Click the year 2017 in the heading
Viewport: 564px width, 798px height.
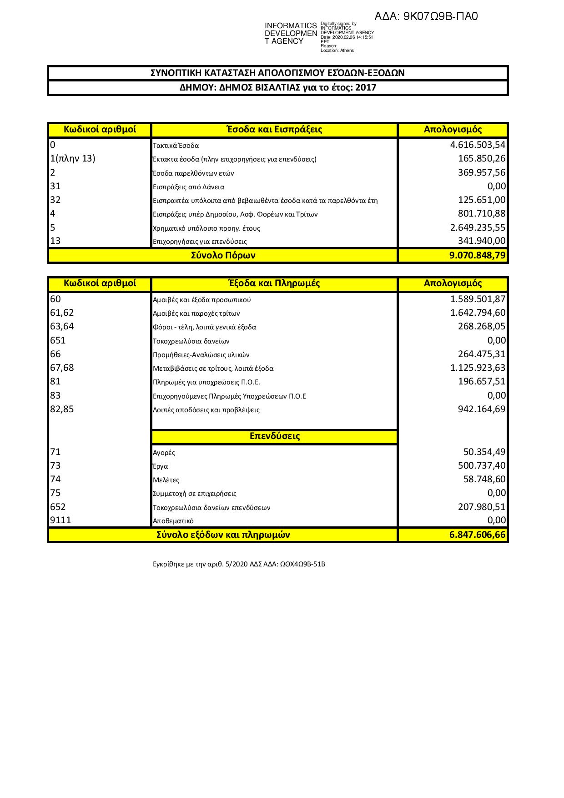click(366, 88)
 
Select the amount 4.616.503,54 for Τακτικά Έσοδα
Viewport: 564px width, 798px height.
click(478, 145)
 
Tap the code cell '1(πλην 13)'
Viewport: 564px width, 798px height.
click(73, 159)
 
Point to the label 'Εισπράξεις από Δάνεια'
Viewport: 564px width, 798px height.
click(188, 187)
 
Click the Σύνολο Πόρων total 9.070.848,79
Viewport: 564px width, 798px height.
click(477, 255)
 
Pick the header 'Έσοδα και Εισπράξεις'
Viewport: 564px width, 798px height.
click(274, 129)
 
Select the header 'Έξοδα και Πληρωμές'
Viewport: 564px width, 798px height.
click(274, 283)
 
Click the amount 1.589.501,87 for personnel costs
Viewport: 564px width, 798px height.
click(478, 299)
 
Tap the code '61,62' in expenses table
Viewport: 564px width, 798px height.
click(62, 313)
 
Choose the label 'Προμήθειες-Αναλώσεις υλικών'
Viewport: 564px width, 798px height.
click(201, 355)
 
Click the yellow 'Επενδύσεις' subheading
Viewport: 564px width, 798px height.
click(275, 436)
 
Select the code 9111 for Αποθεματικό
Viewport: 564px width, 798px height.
click(60, 520)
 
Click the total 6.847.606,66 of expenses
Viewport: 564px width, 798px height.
click(477, 535)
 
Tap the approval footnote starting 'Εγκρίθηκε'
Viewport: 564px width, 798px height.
click(239, 565)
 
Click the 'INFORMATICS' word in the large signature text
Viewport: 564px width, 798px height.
click(291, 26)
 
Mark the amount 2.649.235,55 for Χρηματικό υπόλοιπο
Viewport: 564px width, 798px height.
click(478, 227)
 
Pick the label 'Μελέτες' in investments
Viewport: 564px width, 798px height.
click(166, 480)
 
